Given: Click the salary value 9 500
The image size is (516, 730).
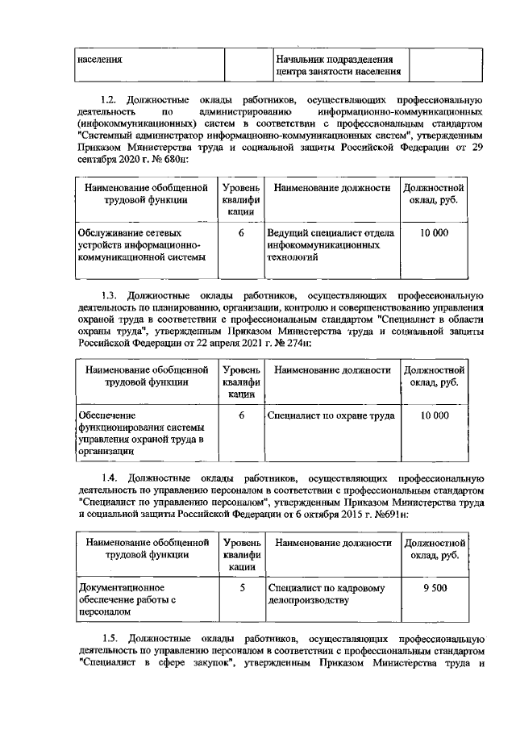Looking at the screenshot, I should (435, 588).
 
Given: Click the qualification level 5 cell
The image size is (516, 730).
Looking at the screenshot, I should (241, 588).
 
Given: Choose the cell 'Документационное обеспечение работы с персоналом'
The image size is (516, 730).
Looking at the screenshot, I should (127, 600).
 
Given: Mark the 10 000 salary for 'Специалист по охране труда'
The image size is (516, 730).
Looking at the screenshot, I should (435, 415).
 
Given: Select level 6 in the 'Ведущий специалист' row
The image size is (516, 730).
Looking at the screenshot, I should (241, 233).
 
